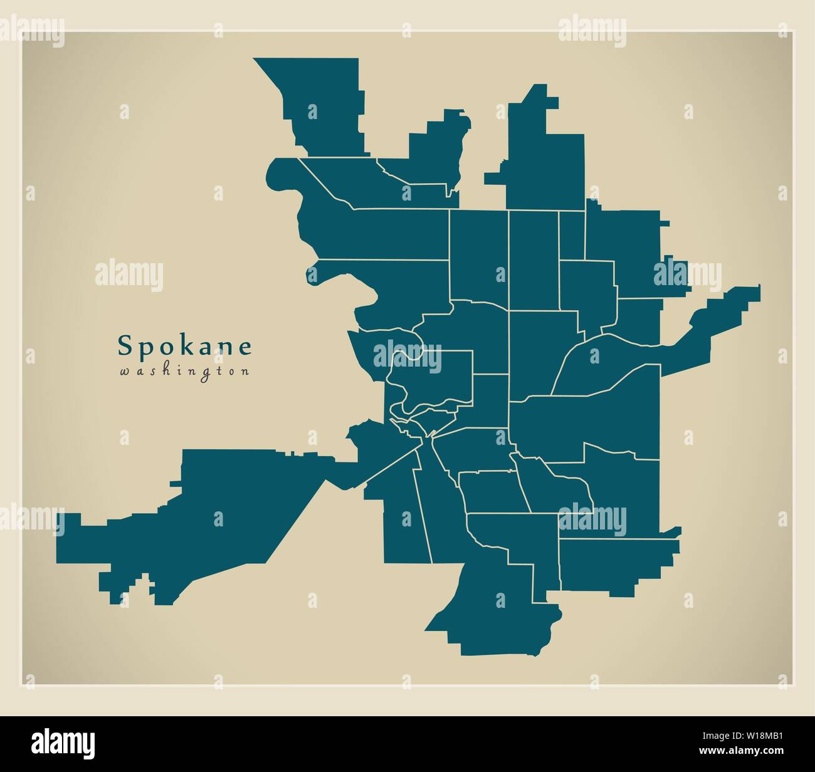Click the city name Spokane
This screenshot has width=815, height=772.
pyautogui.click(x=185, y=345)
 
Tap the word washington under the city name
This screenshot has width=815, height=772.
pyautogui.click(x=185, y=371)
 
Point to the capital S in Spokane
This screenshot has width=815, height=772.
pyautogui.click(x=125, y=345)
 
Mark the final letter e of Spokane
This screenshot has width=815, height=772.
pyautogui.click(x=245, y=346)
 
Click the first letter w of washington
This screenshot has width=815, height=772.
pyautogui.click(x=124, y=372)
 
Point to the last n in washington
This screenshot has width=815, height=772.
pyautogui.click(x=246, y=372)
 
